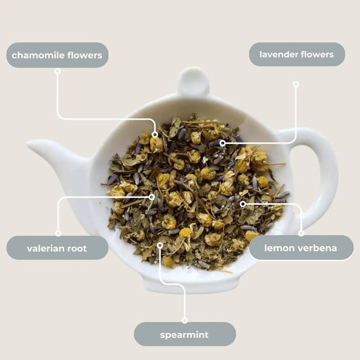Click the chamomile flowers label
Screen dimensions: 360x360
click(x=57, y=55)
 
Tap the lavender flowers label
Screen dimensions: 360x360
click(x=297, y=54)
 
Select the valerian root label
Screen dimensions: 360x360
click(x=57, y=248)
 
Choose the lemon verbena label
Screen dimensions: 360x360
click(x=301, y=248)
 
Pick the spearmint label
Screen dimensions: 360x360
click(x=184, y=334)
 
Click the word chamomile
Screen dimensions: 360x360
click(x=38, y=55)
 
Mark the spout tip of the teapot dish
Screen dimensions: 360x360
click(x=30, y=144)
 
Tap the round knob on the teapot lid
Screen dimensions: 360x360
click(x=192, y=80)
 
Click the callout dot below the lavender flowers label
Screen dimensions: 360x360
click(x=295, y=84)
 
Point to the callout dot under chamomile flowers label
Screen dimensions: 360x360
click(x=57, y=70)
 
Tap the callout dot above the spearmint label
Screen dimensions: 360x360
click(x=184, y=320)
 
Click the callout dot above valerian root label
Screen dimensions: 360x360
click(x=58, y=233)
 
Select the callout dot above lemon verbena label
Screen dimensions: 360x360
click(x=301, y=233)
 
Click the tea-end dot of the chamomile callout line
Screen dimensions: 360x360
click(x=155, y=134)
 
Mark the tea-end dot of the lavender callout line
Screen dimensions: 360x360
click(x=222, y=143)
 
